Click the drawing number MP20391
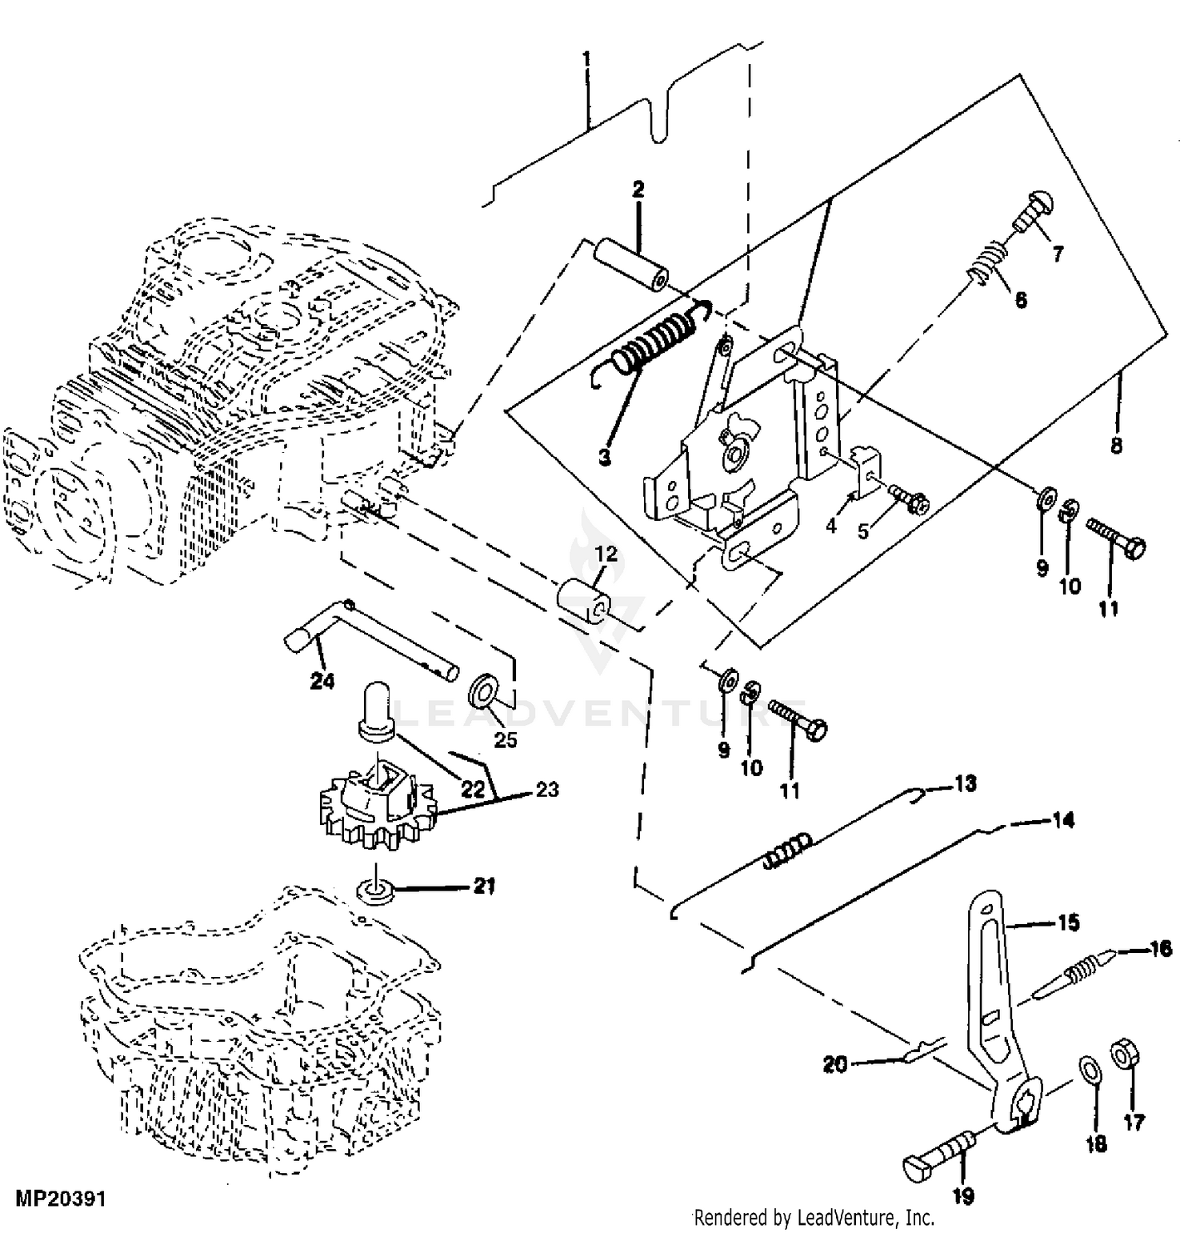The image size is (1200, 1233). pyautogui.click(x=60, y=1199)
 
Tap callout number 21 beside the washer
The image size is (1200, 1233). pyautogui.click(x=484, y=886)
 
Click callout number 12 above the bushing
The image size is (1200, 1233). pyautogui.click(x=606, y=554)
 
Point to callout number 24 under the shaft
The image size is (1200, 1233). pyautogui.click(x=323, y=681)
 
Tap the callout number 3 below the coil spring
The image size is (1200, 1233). pyautogui.click(x=604, y=457)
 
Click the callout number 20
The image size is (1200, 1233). pyautogui.click(x=835, y=1065)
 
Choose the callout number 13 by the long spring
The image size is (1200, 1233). pyautogui.click(x=966, y=783)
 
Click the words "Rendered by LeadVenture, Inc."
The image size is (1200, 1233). pyautogui.click(x=814, y=1218)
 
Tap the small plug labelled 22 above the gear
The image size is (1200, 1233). pyautogui.click(x=377, y=707)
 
